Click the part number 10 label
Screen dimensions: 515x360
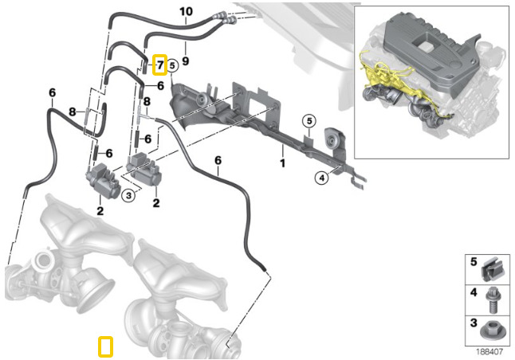[186, 11]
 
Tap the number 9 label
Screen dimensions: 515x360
[184, 60]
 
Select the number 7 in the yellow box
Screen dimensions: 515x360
[159, 64]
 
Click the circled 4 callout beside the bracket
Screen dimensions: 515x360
[322, 178]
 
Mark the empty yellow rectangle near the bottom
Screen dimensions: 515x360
[104, 346]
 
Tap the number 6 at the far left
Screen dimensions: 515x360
[52, 92]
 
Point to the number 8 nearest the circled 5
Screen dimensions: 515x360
[147, 101]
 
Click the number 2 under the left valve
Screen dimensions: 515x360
[100, 211]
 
